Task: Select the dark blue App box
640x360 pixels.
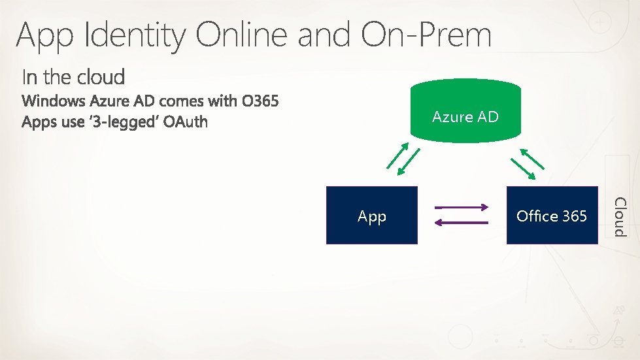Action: click(x=371, y=216)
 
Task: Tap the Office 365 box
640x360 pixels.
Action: click(x=552, y=216)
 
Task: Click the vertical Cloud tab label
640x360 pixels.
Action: click(x=620, y=216)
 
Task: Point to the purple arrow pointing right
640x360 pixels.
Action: click(x=462, y=208)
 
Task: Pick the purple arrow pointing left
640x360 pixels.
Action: click(x=462, y=223)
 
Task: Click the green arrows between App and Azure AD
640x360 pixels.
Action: click(x=403, y=161)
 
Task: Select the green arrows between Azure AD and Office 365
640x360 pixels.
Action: click(x=527, y=164)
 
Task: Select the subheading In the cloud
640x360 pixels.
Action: click(x=73, y=77)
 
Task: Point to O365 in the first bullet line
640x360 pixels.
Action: click(x=260, y=102)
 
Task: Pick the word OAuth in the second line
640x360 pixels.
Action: click(x=186, y=122)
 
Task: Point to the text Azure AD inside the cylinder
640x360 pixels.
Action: click(x=465, y=117)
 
